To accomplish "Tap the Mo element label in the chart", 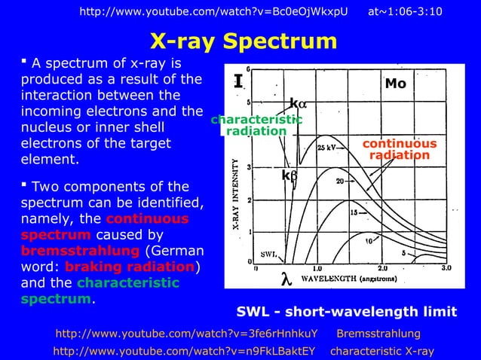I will (395, 84).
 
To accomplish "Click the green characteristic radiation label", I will (256, 125).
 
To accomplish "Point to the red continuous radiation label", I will (400, 149).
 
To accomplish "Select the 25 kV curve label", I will (326, 148).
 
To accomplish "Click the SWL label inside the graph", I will (269, 254).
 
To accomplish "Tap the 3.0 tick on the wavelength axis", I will (446, 267).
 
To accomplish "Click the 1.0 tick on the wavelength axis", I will (317, 267).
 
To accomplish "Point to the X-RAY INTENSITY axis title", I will (235, 193).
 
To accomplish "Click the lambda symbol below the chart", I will (285, 278).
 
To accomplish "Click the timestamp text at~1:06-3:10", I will (406, 11).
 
